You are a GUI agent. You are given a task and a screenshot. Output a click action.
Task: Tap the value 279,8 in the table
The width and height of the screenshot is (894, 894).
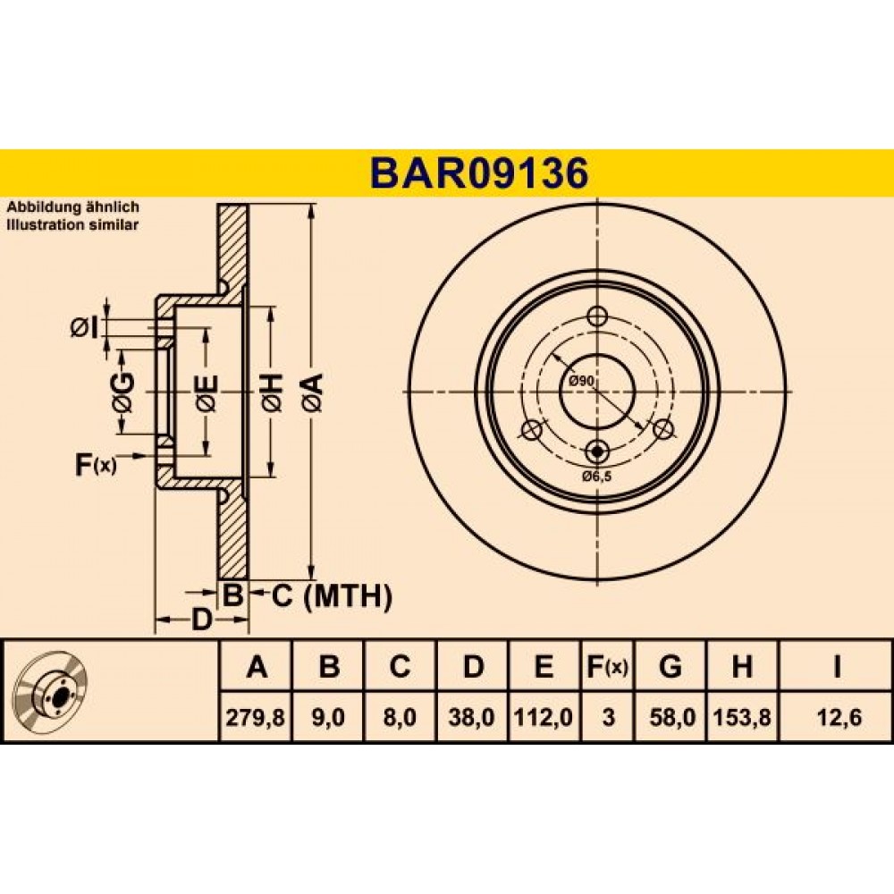(255, 717)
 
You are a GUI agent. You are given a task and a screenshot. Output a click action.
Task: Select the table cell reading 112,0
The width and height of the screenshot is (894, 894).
(544, 717)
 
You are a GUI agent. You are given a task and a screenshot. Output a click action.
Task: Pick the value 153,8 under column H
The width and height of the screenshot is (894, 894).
(742, 717)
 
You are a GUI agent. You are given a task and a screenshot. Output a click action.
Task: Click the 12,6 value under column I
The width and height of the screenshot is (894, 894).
(837, 717)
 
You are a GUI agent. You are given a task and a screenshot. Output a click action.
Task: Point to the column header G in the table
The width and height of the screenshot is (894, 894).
(670, 666)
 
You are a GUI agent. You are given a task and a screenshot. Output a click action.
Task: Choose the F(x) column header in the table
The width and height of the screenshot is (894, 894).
(607, 666)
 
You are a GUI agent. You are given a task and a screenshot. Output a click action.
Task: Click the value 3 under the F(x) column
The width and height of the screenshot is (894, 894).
(608, 717)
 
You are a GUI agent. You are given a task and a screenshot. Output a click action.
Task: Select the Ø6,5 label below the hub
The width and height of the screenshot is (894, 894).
(596, 477)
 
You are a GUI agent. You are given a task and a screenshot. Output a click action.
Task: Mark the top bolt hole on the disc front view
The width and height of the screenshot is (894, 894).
(597, 316)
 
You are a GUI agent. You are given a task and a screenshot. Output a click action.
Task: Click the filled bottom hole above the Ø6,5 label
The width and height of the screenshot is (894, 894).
(597, 451)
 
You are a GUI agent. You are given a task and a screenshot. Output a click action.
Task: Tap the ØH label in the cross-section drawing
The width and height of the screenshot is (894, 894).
(273, 392)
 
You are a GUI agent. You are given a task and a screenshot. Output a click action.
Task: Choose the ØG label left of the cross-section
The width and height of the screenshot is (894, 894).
(123, 392)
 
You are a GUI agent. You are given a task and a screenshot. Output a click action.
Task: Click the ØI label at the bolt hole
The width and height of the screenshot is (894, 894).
(84, 328)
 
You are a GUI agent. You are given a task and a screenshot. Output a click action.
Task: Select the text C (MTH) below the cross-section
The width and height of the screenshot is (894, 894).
(332, 596)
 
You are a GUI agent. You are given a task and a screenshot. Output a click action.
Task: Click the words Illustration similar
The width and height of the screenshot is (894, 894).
(72, 224)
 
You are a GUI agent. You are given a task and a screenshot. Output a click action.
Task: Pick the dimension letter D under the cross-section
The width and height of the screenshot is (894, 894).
(200, 620)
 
